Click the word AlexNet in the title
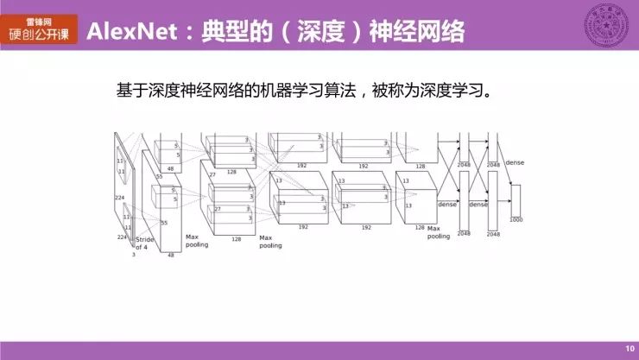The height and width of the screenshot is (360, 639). [130, 33]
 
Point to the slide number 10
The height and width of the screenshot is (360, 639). [629, 349]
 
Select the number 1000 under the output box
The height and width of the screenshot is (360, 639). [516, 220]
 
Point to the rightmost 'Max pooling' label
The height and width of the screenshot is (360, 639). [439, 231]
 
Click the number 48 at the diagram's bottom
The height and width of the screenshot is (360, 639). [170, 256]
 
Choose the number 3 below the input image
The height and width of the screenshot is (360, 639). [133, 255]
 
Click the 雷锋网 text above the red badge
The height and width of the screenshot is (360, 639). [43, 19]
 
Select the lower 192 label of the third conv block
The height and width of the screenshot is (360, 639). [303, 227]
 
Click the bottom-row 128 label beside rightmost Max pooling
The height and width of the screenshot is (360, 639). [421, 227]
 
